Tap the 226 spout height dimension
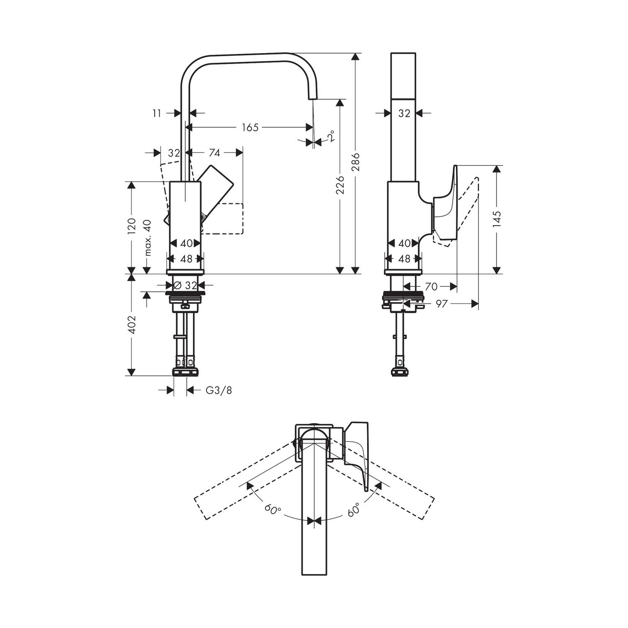pos(340,185)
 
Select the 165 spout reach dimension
pos(250,127)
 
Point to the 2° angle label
pos(331,137)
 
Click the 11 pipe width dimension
pos(157,113)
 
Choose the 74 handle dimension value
pos(214,153)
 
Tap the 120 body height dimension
pos(132,226)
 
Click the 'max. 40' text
pos(147,238)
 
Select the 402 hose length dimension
pos(132,324)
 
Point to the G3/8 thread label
pos(219,391)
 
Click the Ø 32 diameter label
pos(185,286)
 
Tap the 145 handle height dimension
pos(497,219)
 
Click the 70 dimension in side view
pos(431,286)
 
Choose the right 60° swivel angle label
pos(353,510)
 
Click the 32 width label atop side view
pos(404,113)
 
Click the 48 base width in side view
pos(404,259)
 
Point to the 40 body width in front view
pos(187,243)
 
